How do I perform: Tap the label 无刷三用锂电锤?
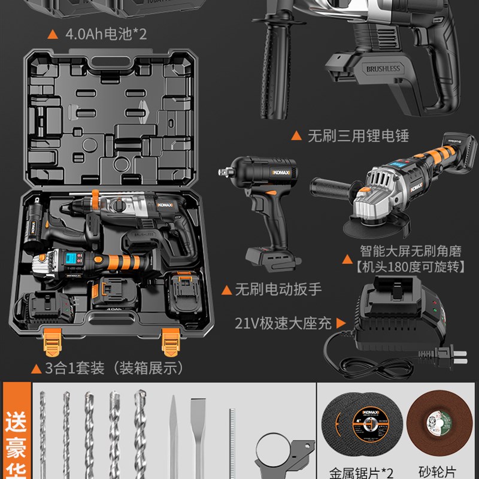[357, 136]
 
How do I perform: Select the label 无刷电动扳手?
[278, 290]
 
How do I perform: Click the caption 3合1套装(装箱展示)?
[114, 368]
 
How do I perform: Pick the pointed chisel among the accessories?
[172, 431]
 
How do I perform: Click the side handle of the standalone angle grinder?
[328, 189]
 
